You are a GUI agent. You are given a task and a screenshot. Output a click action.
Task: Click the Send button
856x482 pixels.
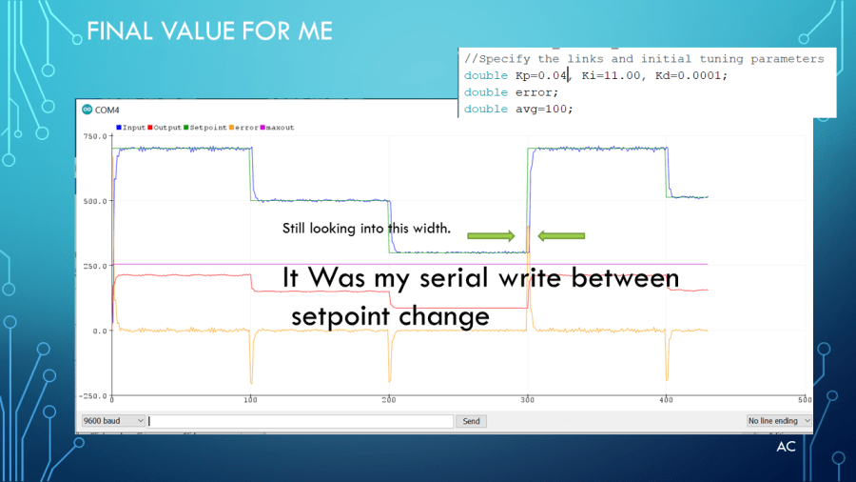(x=471, y=421)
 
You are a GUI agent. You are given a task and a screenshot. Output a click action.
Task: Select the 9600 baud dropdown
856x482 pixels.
(x=113, y=421)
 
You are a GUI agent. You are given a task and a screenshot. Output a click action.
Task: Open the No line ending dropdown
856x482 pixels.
(x=778, y=421)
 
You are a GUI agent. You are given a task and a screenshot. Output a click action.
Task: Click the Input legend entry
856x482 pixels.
(x=130, y=128)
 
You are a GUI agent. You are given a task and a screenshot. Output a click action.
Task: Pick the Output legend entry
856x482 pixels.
(x=165, y=128)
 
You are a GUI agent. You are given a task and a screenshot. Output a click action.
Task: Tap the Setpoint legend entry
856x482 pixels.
(x=205, y=128)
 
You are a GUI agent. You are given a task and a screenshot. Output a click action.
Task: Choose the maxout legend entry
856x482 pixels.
(x=277, y=128)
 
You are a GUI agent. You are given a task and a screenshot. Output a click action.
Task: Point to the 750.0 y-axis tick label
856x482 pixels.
(x=95, y=136)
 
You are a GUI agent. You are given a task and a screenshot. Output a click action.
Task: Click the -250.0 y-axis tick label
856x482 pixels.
(x=93, y=395)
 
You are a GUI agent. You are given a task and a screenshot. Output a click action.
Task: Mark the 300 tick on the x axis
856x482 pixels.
(x=527, y=400)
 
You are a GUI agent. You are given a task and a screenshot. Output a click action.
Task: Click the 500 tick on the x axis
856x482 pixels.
(x=805, y=400)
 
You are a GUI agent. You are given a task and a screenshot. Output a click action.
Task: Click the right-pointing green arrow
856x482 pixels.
(x=491, y=235)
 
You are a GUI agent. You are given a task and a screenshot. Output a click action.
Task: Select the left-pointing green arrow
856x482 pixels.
(x=561, y=235)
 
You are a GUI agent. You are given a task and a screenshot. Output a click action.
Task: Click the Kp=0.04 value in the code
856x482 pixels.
(x=541, y=75)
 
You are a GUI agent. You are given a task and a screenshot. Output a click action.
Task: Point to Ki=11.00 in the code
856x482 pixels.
(x=611, y=75)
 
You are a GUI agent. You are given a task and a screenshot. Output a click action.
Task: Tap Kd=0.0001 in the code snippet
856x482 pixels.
(x=688, y=75)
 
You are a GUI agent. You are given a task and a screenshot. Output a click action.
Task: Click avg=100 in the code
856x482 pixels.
(x=541, y=109)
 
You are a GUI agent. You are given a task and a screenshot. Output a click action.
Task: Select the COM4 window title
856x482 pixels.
(x=107, y=110)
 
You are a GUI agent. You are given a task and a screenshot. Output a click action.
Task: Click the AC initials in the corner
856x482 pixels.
(x=786, y=447)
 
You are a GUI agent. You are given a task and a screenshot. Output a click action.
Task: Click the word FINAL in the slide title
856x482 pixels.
(x=120, y=31)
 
